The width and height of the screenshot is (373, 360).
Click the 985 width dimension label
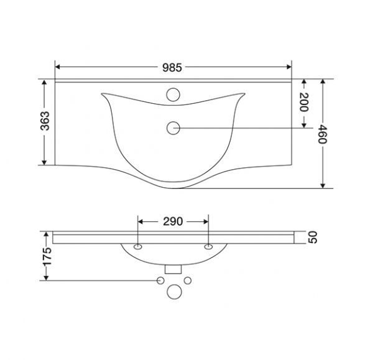pos(172,68)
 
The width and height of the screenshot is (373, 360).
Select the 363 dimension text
pos(45,121)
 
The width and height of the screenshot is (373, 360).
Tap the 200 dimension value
pos(304,102)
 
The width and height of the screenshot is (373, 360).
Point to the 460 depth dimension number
pos(323,134)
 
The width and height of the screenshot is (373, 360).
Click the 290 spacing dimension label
pos(173,221)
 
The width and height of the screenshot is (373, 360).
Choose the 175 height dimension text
pos(46,256)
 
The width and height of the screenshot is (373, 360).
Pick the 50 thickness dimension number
pos(313,238)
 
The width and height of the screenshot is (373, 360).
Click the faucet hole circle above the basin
pos(173,95)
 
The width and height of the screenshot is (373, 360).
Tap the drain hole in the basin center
pos(173,128)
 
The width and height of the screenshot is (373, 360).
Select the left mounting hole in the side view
pos(138,247)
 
